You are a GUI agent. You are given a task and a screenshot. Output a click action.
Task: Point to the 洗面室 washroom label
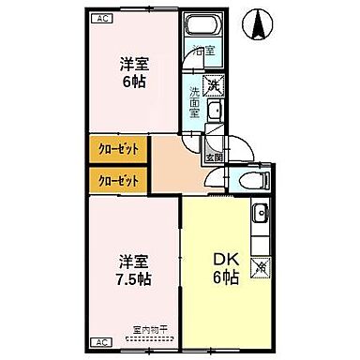[194, 97]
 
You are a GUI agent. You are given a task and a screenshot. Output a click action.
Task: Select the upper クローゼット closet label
[116, 149]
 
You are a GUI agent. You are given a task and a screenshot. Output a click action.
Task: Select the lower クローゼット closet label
[116, 178]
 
